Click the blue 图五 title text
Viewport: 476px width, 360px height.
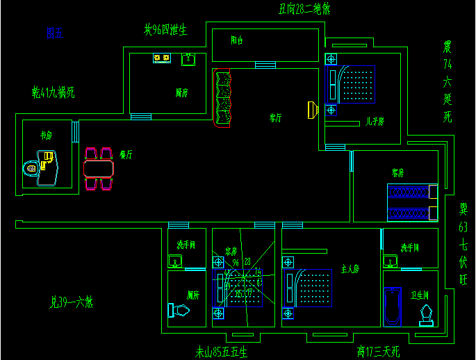pos(54,33)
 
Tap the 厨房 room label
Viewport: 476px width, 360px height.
pos(182,92)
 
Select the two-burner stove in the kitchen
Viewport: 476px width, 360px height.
pos(162,58)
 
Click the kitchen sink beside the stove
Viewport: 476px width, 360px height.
pos(188,60)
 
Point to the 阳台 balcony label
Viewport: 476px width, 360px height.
pos(237,40)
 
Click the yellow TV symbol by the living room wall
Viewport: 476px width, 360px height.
pos(313,110)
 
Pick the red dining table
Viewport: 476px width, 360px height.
pos(99,169)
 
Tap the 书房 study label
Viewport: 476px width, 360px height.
pos(47,136)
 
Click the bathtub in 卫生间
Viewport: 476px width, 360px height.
pos(393,306)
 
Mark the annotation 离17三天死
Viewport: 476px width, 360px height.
pos(378,352)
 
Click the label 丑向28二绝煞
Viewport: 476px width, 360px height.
pos(304,9)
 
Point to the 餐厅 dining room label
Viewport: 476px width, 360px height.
pos(126,154)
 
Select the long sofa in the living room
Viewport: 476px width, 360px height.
pos(222,98)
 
